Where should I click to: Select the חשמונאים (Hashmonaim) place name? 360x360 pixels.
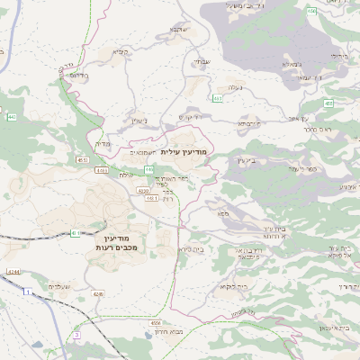[145, 151]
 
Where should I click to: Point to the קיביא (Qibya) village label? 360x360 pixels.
[121, 52]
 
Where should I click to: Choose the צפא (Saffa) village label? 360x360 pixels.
[222, 213]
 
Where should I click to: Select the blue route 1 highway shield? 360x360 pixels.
[27, 292]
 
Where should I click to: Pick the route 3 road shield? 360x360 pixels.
[77, 335]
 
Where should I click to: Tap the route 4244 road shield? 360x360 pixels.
[12, 271]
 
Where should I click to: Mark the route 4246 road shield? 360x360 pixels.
[98, 293]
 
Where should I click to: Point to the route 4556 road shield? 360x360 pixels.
[156, 321]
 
